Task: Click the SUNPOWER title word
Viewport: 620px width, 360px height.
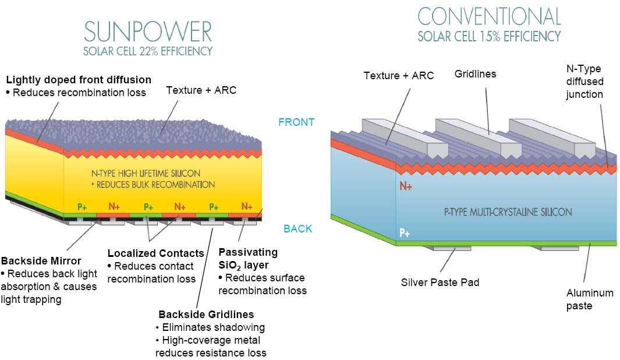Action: [148, 30]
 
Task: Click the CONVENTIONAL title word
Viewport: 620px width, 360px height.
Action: [489, 16]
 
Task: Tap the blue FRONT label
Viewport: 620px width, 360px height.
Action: [296, 122]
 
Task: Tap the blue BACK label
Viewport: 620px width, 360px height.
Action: [297, 229]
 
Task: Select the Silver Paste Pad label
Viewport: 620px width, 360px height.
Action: [440, 283]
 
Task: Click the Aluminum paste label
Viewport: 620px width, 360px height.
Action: [590, 299]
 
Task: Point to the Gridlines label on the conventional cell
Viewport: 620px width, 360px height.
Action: [476, 74]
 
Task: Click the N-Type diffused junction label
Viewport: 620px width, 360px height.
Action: [584, 82]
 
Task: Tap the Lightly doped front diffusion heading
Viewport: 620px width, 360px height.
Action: [78, 79]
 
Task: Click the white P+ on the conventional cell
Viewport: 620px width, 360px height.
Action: [405, 233]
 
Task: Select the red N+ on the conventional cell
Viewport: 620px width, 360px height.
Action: [406, 188]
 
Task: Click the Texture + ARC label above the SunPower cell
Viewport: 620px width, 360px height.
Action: [201, 90]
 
